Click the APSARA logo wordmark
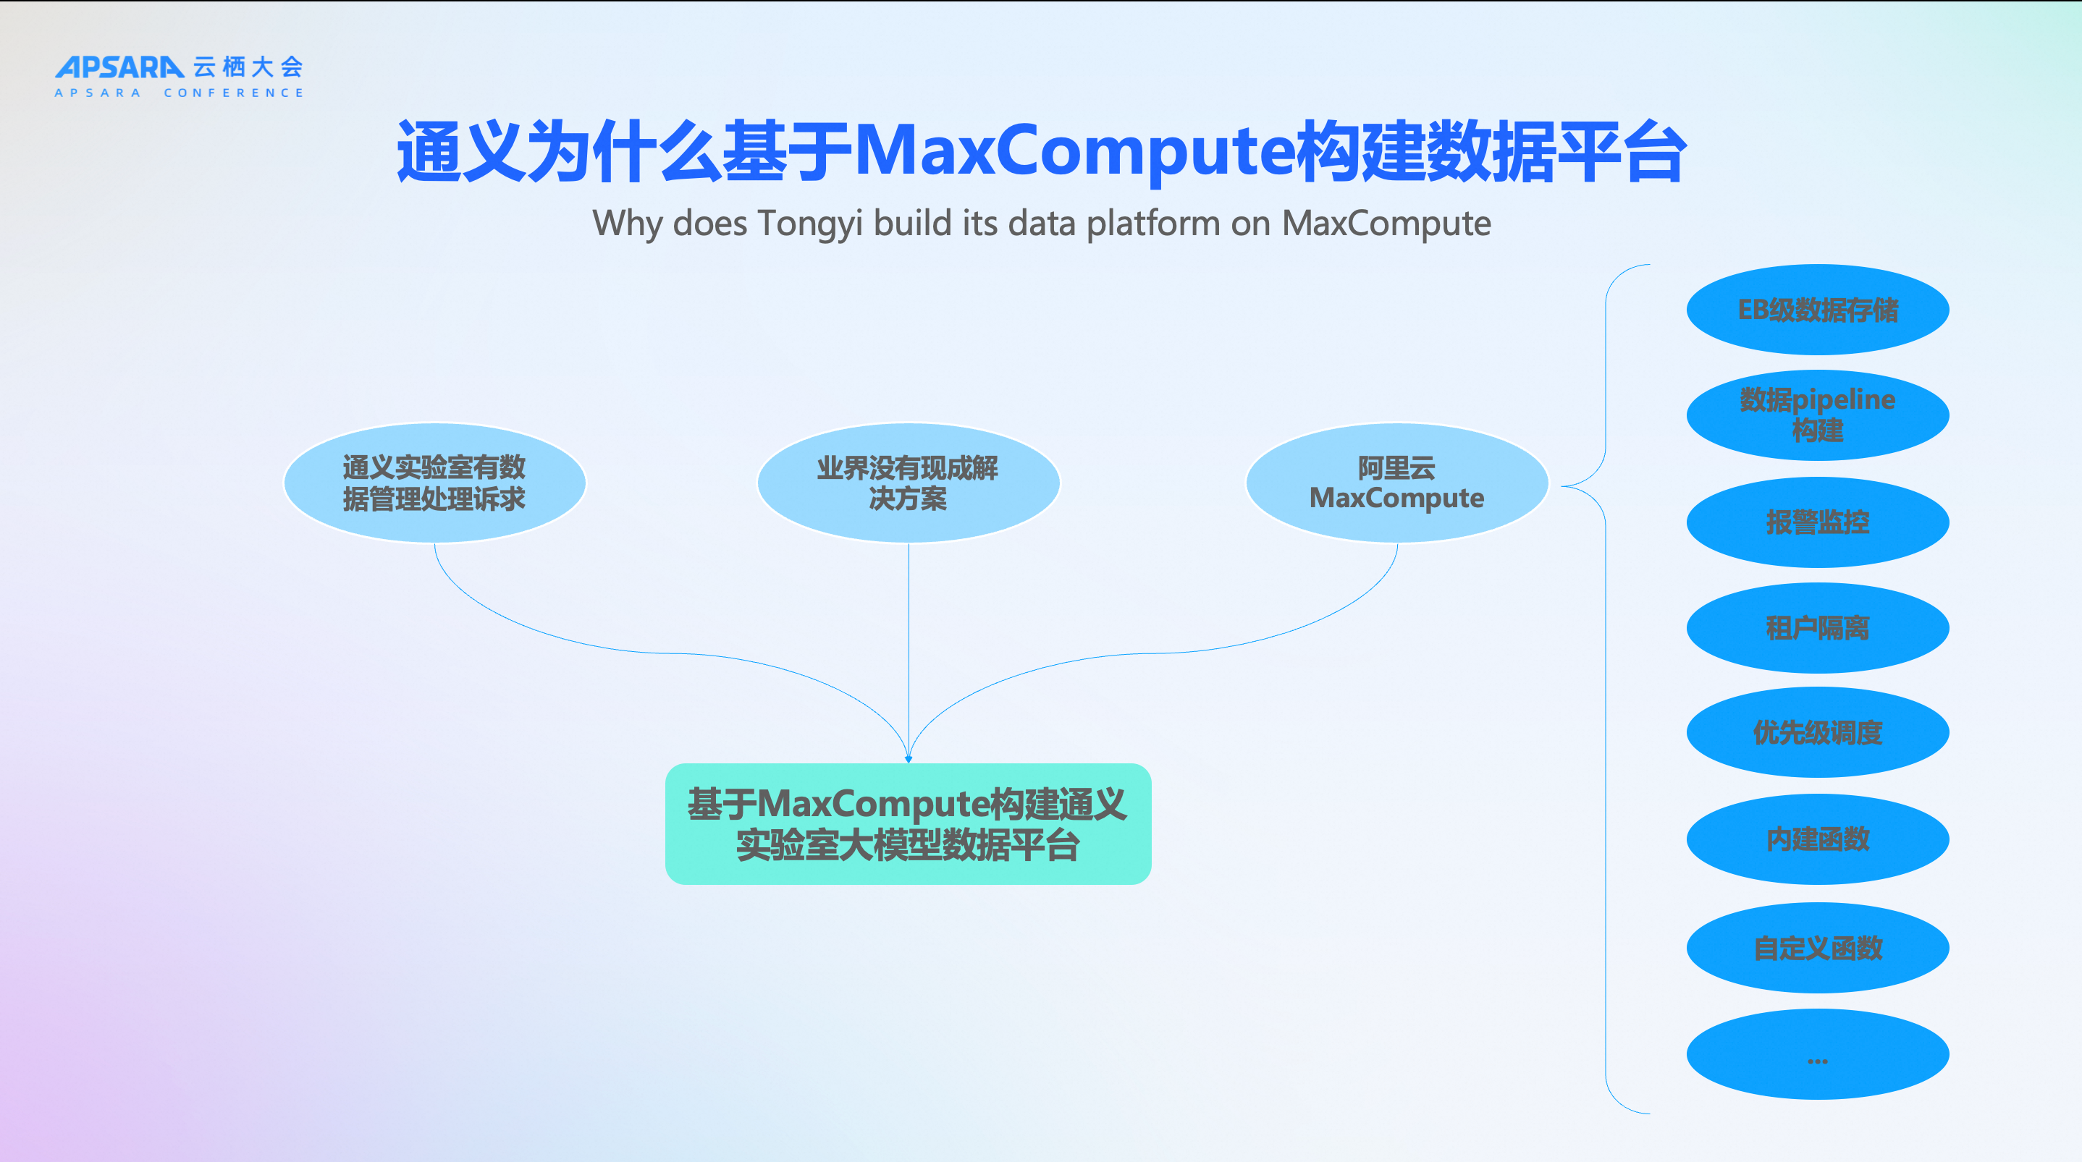[119, 67]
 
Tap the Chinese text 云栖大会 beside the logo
[248, 67]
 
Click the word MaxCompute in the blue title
[1074, 151]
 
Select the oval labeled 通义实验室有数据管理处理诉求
[435, 483]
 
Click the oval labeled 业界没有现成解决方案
[908, 483]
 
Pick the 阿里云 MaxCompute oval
[1396, 483]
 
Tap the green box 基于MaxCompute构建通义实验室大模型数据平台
[908, 824]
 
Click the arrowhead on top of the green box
[909, 758]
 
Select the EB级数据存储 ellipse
[1817, 310]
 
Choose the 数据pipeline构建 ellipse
[1817, 415]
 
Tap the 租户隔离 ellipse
[1817, 628]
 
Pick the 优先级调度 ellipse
[1817, 733]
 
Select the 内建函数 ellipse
[1817, 839]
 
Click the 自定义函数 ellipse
[1817, 948]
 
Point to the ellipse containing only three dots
[1817, 1054]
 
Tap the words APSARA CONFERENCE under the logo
[179, 93]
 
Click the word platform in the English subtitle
[1152, 224]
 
